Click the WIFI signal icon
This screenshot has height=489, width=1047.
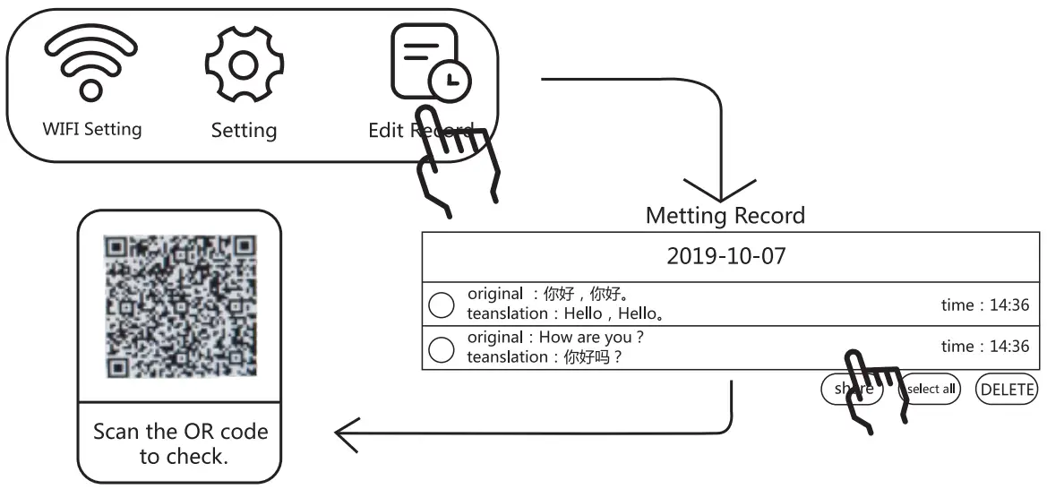(x=90, y=64)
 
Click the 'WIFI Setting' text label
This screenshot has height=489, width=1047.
(x=91, y=128)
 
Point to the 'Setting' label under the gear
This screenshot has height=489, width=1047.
(x=244, y=131)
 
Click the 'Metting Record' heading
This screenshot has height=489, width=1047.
(x=725, y=216)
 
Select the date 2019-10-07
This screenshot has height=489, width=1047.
(x=725, y=256)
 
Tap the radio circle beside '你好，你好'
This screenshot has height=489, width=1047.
(x=442, y=305)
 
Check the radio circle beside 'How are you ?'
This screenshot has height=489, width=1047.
(x=442, y=348)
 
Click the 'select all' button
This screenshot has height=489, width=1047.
(x=930, y=390)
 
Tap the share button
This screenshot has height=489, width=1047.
(x=852, y=390)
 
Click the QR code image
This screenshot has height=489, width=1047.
(x=180, y=306)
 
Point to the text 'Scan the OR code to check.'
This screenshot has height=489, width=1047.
(x=180, y=443)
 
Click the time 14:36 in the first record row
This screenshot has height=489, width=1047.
(x=984, y=305)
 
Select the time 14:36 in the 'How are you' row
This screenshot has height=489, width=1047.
(x=984, y=347)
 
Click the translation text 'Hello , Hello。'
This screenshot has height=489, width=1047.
(x=614, y=313)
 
